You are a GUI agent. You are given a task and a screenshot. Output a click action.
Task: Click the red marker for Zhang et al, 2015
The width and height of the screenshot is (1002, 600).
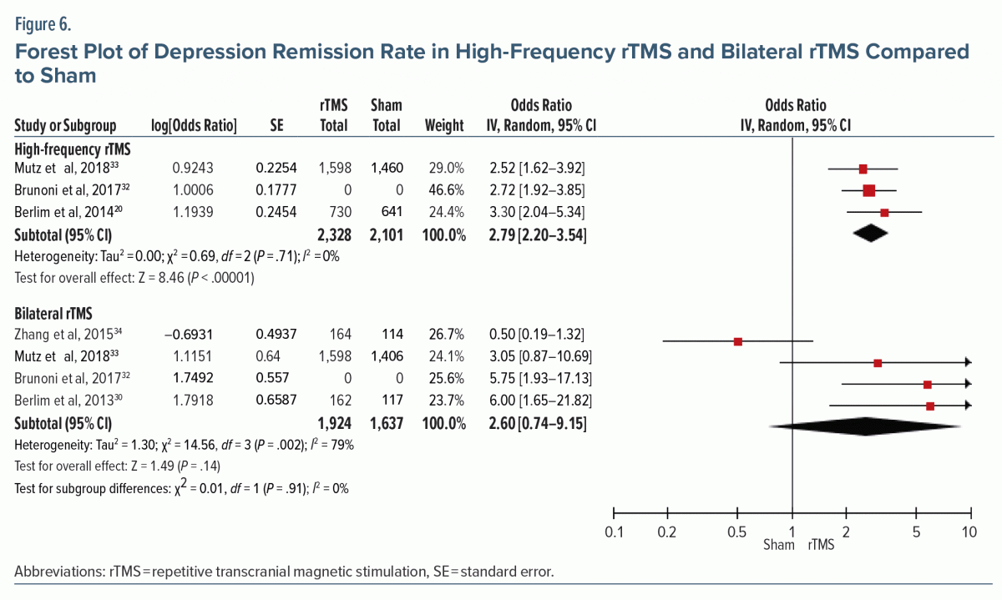(x=738, y=341)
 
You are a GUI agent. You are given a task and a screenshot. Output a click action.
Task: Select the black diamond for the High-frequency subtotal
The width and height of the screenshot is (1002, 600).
(x=870, y=234)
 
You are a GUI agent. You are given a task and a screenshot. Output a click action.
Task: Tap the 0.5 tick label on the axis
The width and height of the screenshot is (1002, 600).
(x=737, y=532)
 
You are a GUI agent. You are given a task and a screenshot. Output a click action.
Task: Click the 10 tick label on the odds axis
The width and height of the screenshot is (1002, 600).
(x=969, y=532)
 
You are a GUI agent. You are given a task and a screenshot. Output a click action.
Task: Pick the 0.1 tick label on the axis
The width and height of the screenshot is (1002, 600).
(x=614, y=532)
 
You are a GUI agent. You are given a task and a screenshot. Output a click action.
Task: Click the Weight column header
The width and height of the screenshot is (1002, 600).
(x=444, y=126)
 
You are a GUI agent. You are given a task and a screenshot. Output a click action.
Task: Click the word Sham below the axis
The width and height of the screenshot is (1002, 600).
(x=780, y=547)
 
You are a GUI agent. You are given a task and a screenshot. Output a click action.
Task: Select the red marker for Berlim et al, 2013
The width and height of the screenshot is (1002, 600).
(x=930, y=406)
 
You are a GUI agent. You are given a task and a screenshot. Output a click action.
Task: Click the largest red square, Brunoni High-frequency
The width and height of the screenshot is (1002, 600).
(x=869, y=191)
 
